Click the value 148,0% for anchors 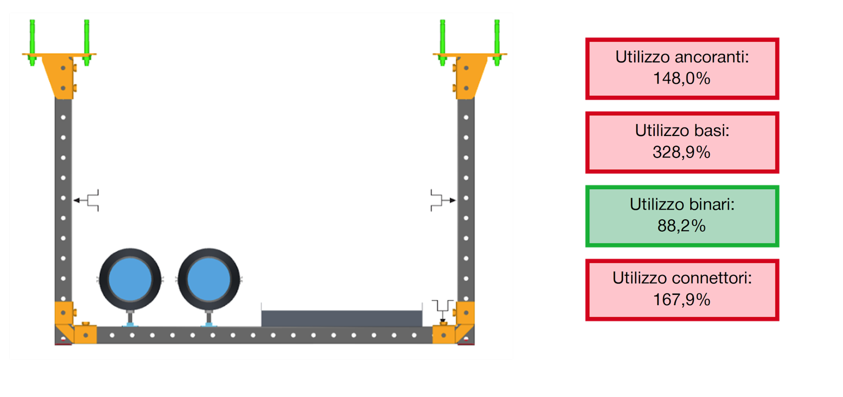[681, 78]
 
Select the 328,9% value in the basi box [681, 152]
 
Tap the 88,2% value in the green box [681, 226]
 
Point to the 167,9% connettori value [681, 300]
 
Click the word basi [711, 130]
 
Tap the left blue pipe [130, 279]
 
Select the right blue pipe [209, 279]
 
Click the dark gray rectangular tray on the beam [342, 318]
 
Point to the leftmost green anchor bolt [32, 43]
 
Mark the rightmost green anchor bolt [497, 43]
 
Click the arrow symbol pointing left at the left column [86, 201]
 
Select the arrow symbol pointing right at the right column [443, 201]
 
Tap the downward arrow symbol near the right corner [443, 310]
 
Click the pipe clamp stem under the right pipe [209, 318]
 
